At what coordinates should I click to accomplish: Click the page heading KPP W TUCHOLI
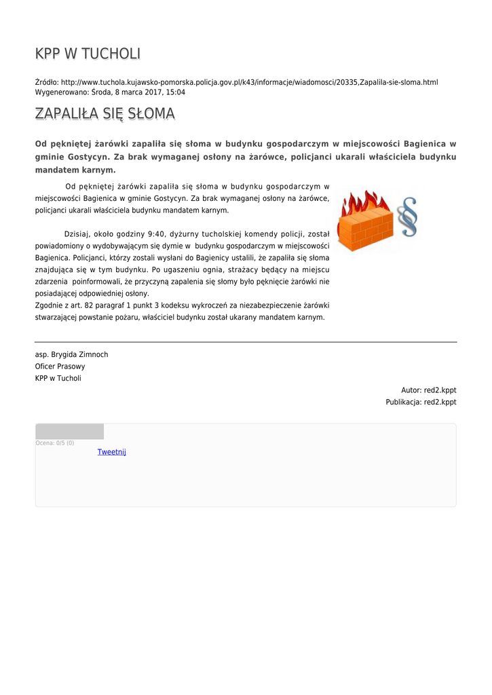[88, 54]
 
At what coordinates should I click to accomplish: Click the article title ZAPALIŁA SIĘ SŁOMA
[105, 113]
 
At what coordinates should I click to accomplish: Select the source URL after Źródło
[249, 82]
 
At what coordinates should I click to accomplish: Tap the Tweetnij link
[111, 452]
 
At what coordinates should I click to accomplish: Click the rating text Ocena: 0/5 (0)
[55, 443]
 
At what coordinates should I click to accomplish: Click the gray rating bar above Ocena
[69, 432]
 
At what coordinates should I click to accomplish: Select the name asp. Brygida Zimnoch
[71, 354]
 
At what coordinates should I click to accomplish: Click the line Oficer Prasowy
[60, 367]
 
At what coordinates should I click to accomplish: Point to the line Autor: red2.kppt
[428, 390]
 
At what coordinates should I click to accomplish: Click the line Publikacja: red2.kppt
[421, 402]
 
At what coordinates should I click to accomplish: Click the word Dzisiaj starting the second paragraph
[77, 233]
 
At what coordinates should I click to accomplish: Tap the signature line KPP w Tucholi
[58, 378]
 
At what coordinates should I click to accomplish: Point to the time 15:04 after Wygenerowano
[176, 92]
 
